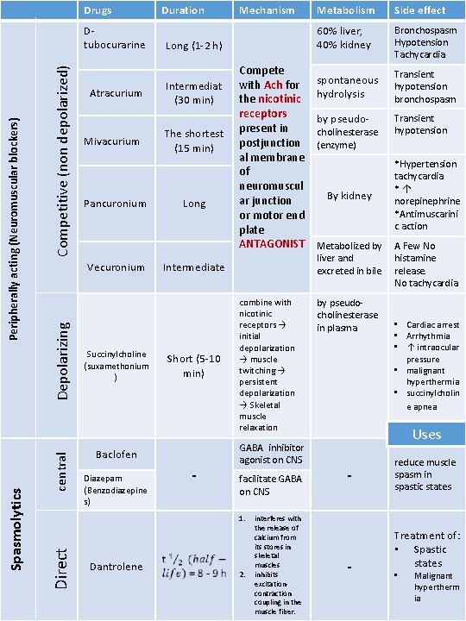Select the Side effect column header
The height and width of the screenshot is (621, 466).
419,10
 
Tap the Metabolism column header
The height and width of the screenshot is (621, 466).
345,10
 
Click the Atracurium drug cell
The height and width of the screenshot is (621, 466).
115,93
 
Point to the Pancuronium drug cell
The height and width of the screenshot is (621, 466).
115,204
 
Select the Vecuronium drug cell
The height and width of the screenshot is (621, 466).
115,267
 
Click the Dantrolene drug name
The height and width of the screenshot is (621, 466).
115,567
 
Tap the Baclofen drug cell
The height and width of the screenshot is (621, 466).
115,455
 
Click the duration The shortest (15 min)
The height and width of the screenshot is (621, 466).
193,141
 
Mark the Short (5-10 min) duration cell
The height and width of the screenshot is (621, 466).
193,367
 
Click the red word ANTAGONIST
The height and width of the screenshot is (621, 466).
273,244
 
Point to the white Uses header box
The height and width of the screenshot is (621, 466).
426,434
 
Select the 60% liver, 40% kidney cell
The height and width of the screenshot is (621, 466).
345,38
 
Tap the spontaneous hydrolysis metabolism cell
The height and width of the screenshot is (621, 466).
347,87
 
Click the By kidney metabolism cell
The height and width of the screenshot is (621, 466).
349,196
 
